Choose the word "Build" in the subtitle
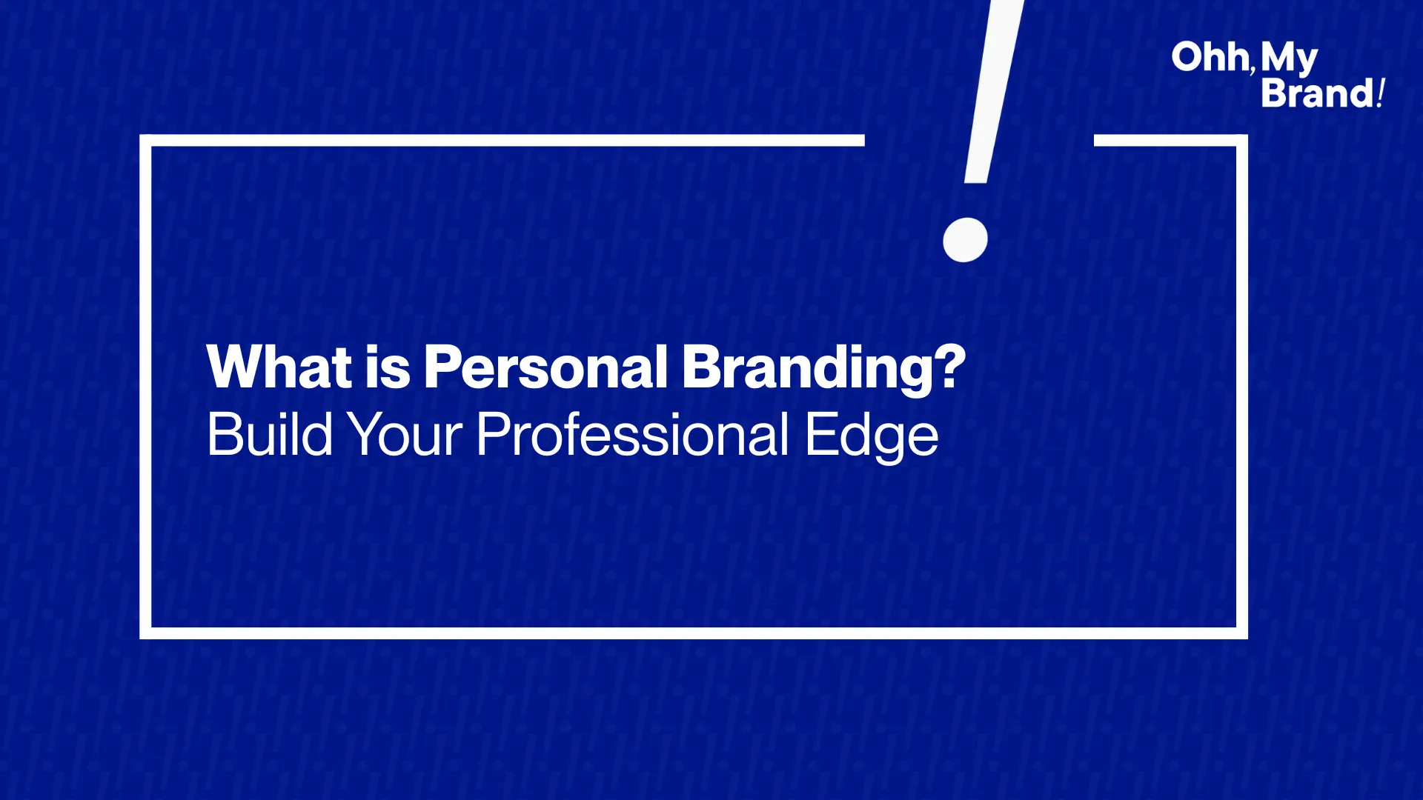270,434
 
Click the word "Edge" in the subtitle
872,438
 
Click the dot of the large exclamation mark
965,240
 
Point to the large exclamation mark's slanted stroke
993,91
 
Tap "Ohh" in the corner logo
1210,57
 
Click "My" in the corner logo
1290,59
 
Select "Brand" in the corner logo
1318,93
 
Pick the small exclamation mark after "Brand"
1381,93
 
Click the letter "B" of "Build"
224,434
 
